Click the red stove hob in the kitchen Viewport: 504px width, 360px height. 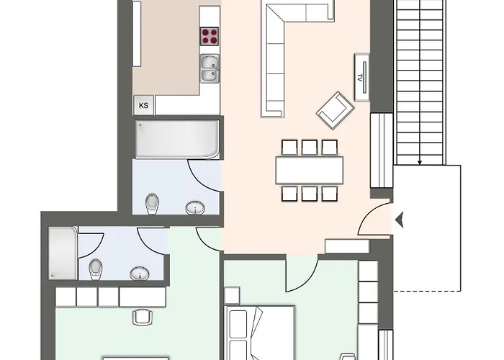[x=210, y=36]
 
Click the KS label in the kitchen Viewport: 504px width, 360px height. [x=143, y=105]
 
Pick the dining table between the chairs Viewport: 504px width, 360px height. [x=310, y=170]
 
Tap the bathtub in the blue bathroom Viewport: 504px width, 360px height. [x=176, y=139]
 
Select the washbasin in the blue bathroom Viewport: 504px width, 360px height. [x=194, y=209]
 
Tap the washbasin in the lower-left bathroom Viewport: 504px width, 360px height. [x=138, y=273]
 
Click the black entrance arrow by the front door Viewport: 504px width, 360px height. [x=400, y=217]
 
